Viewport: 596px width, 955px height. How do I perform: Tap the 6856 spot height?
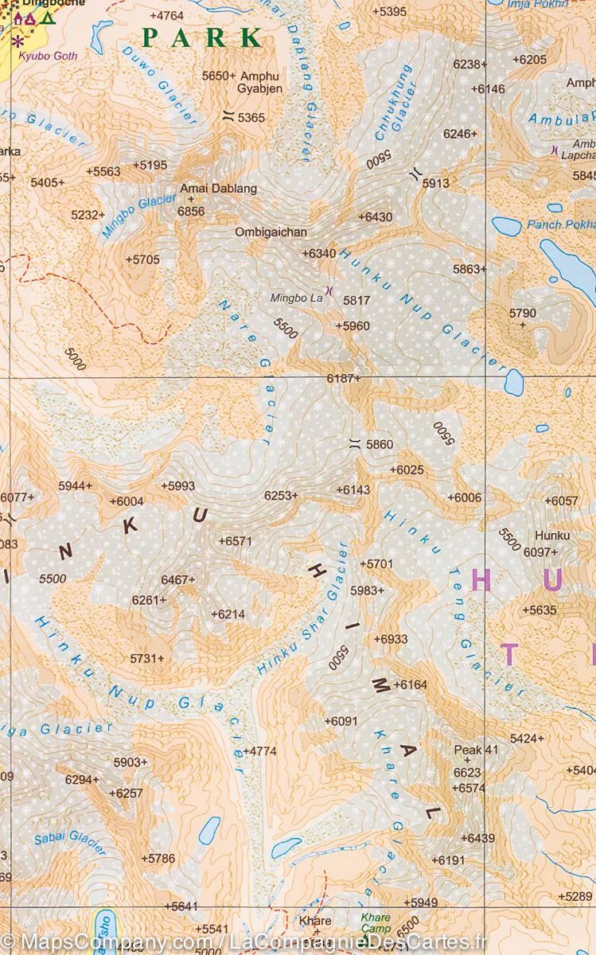tap(191, 211)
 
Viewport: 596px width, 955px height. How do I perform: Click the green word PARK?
tap(202, 37)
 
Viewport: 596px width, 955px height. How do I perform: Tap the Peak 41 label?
tap(475, 750)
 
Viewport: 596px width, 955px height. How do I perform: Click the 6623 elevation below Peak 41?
tap(467, 773)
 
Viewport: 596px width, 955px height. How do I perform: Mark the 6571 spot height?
tap(236, 541)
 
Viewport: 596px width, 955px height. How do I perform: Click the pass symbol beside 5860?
tap(355, 444)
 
